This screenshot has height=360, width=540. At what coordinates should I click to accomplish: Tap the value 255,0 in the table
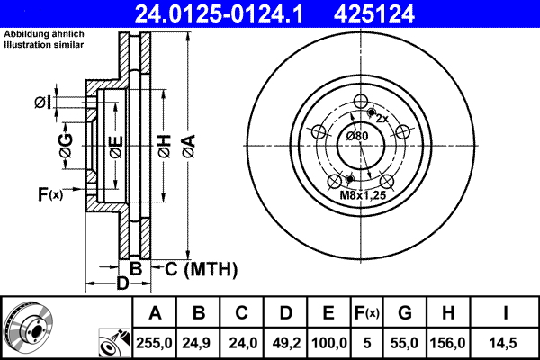coord(154,342)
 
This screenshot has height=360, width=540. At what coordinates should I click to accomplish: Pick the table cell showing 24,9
coord(198,342)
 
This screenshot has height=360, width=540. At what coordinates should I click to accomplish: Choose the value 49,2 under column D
coord(284,342)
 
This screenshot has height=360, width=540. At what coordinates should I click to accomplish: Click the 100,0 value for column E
coord(328,342)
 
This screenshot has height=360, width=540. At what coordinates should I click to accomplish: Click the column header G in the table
coord(404,312)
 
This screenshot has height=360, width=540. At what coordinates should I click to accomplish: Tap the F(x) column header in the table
coord(366,312)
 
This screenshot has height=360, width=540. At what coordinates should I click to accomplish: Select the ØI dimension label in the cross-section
coord(41,103)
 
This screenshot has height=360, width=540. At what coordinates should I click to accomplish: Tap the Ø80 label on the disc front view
coord(357,136)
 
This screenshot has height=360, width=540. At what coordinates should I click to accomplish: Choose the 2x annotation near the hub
coord(382,119)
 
